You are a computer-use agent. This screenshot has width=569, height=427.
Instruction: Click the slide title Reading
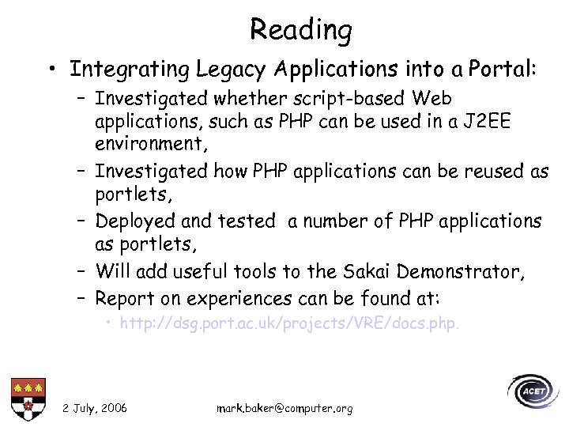click(x=300, y=30)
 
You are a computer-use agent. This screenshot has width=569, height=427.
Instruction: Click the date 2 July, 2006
click(x=95, y=408)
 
